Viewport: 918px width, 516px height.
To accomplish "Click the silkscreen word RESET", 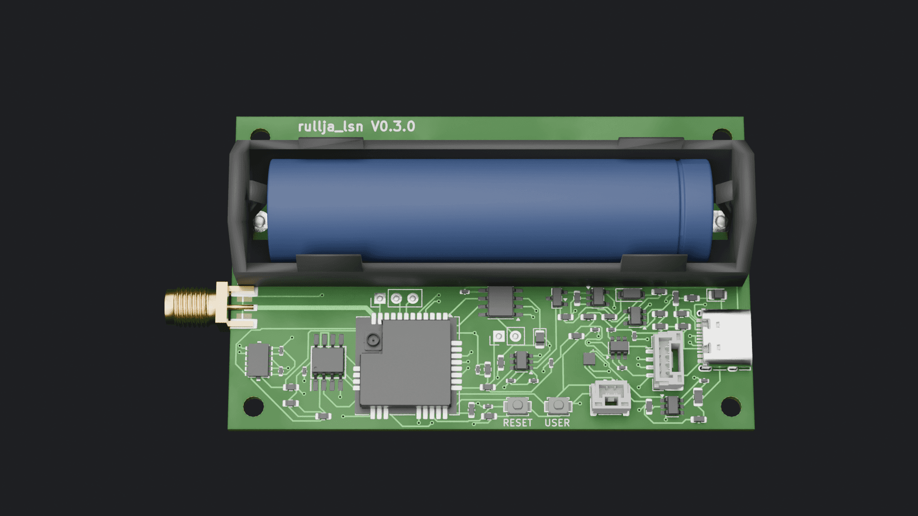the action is point(517,423).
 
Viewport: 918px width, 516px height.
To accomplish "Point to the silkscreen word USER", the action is point(557,423).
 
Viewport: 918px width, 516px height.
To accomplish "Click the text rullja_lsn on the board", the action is point(330,127).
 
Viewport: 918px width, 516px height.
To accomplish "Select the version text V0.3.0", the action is point(393,127).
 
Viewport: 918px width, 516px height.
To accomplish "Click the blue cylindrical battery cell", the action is point(490,210).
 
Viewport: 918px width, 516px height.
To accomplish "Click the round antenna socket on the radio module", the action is point(372,340).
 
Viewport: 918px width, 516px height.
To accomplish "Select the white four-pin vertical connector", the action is point(667,362).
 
